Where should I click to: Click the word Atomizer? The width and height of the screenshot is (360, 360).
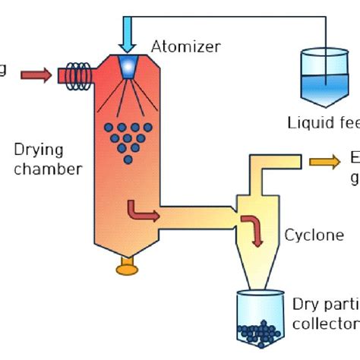click(x=186, y=47)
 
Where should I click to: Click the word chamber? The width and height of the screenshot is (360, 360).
click(x=46, y=168)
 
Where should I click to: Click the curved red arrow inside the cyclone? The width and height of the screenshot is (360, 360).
click(x=253, y=229)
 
